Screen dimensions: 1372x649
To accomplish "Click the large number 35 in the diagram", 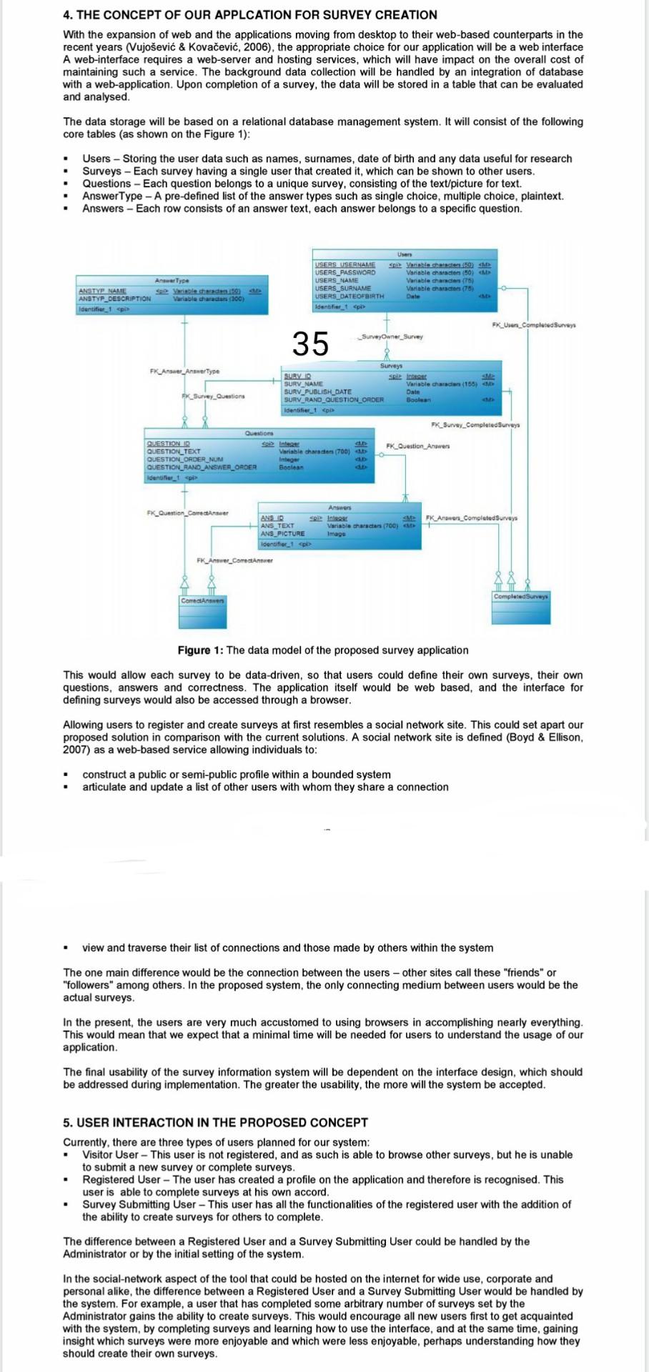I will click(x=310, y=344).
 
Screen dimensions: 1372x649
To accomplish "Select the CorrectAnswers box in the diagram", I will click(x=202, y=600).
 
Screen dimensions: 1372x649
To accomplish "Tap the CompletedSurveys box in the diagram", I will click(x=521, y=596).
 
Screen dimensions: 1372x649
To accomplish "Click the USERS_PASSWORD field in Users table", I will click(x=345, y=272).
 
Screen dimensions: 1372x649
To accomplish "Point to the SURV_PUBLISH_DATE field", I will click(x=318, y=392).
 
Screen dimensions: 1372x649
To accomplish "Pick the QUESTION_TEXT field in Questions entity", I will click(x=173, y=452).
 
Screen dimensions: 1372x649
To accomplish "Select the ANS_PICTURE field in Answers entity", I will click(x=282, y=534).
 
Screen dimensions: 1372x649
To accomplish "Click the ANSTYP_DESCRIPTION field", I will click(x=114, y=299).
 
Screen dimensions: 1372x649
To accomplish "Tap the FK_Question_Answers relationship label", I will click(x=418, y=446).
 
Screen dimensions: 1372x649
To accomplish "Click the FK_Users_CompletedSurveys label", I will click(x=534, y=325).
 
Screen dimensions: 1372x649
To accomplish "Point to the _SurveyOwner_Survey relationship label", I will click(x=391, y=337).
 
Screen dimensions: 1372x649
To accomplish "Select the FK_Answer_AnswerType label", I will click(x=184, y=371).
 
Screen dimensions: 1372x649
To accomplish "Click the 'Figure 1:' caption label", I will click(x=200, y=650).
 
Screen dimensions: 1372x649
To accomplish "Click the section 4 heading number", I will click(x=67, y=14).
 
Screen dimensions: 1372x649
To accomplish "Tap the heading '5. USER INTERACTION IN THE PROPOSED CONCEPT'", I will click(x=215, y=1122).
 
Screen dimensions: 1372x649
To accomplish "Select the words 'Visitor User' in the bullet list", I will click(x=110, y=1154).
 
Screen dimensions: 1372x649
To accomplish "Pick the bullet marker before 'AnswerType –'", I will click(x=66, y=197).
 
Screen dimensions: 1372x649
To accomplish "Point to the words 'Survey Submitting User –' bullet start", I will click(x=139, y=1204).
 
